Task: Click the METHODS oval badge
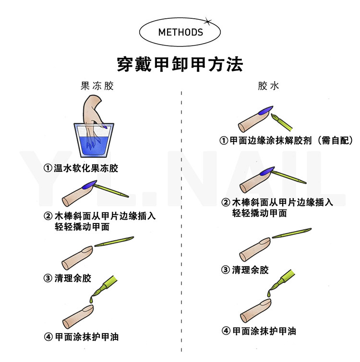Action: (180, 33)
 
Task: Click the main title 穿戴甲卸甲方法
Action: (180, 64)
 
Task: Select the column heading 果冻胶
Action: (97, 87)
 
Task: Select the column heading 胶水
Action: (268, 87)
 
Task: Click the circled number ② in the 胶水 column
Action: (225, 202)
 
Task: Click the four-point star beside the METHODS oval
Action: (207, 20)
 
